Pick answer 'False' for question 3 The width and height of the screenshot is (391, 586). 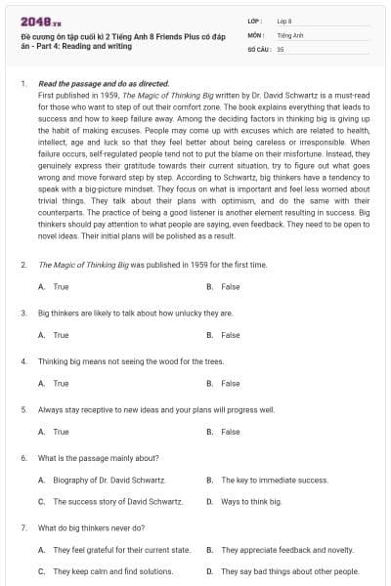(x=230, y=335)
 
